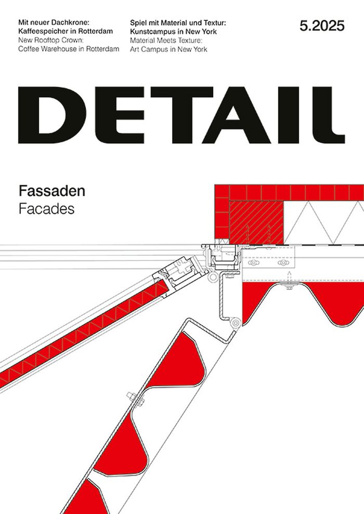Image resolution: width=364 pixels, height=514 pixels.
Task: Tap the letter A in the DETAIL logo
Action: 239,115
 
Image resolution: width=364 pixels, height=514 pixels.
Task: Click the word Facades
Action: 46,209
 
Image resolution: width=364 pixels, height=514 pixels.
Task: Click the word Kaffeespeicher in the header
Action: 42,31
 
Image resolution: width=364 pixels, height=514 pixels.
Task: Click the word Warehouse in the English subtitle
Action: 61,49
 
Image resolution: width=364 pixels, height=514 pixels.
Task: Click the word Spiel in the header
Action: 139,23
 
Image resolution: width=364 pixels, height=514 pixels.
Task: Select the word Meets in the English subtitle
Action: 167,41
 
